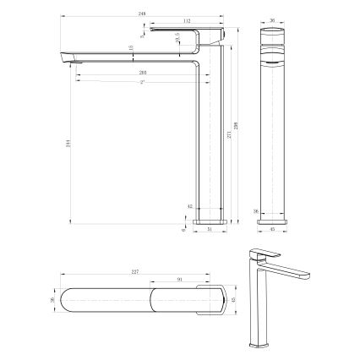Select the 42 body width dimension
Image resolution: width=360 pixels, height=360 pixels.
tap(191, 206)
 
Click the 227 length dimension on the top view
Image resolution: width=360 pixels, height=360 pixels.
tap(136, 272)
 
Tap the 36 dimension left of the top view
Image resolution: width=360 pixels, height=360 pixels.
tap(52, 302)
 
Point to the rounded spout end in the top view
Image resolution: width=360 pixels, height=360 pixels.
tap(72, 302)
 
